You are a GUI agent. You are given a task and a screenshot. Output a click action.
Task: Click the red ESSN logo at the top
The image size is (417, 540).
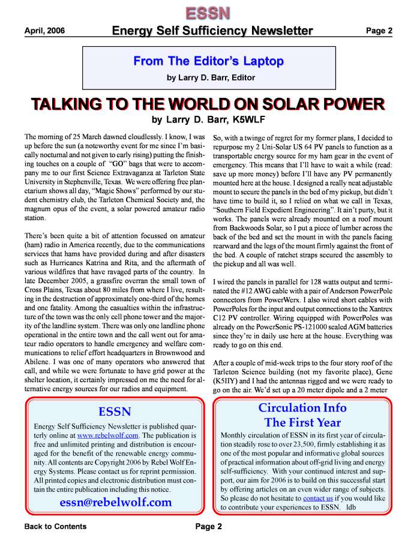pyautogui.click(x=207, y=12)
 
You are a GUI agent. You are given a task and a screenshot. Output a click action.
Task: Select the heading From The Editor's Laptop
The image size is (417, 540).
pyautogui.click(x=208, y=61)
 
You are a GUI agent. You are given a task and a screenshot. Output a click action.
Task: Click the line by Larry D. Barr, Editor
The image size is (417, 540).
pyautogui.click(x=211, y=77)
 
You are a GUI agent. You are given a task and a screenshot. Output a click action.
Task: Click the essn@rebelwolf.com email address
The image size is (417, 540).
pyautogui.click(x=115, y=502)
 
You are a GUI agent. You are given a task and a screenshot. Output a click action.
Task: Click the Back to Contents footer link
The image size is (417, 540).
pyautogui.click(x=55, y=527)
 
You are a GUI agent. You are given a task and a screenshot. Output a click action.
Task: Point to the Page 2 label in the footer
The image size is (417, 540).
pyautogui.click(x=208, y=527)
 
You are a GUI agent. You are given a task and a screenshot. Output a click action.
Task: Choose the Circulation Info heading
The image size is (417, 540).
pyautogui.click(x=302, y=408)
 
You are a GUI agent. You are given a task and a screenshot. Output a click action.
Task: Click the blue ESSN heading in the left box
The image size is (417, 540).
pyautogui.click(x=114, y=412)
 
